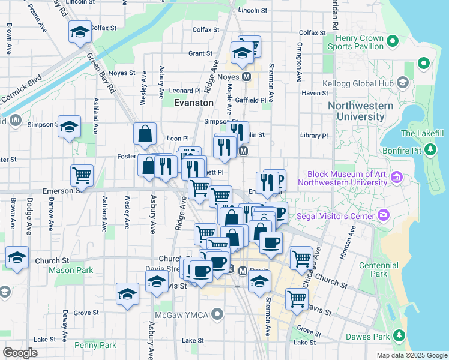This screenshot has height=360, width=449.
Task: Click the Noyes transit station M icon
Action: (246, 77)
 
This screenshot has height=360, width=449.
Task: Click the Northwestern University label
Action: (360, 111)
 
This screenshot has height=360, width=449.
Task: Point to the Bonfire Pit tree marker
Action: (430, 149)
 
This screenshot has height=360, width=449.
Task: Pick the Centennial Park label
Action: (379, 269)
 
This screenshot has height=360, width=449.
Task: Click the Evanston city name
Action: (193, 103)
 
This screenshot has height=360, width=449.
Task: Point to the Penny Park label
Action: (95, 345)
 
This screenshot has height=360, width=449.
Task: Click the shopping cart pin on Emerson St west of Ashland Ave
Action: (82, 175)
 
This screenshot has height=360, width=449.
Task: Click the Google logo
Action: (20, 353)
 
